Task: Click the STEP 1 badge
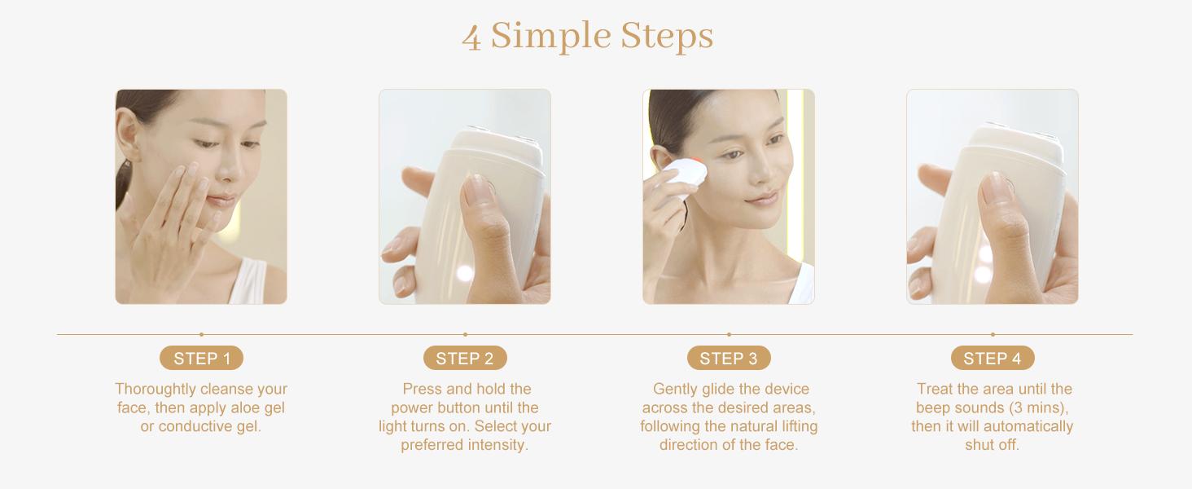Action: [201, 359]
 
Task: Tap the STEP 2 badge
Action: [465, 359]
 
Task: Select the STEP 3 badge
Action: [729, 359]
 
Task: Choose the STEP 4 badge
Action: [993, 359]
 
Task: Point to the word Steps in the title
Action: [667, 36]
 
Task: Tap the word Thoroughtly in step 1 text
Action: [156, 390]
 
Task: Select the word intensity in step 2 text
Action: [497, 446]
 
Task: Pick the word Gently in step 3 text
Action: [676, 390]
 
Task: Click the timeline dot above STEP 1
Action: [201, 334]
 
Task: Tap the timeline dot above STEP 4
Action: [993, 334]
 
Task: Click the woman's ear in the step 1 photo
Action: [127, 130]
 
